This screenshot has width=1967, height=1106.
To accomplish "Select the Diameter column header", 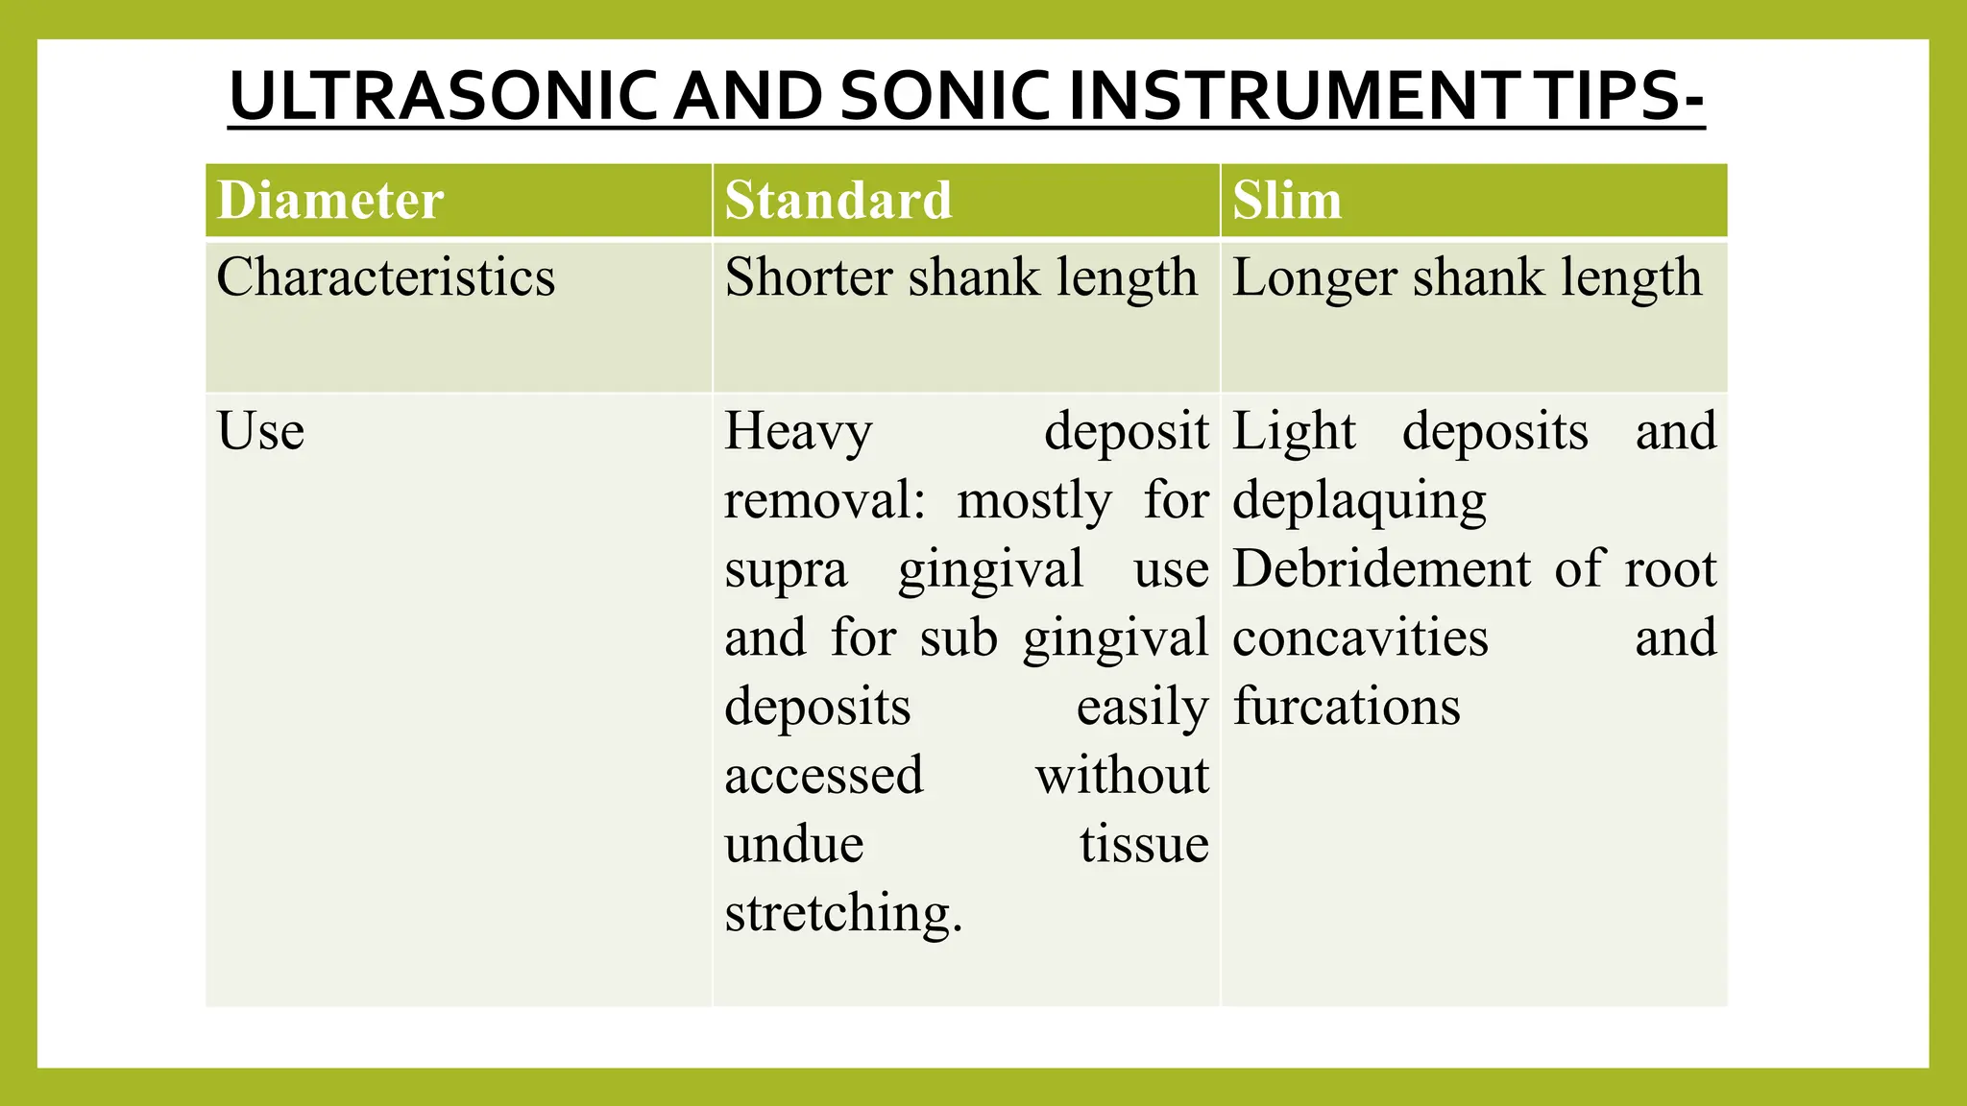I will pyautogui.click(x=330, y=201).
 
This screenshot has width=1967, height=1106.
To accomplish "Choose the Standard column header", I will pyautogui.click(x=838, y=201).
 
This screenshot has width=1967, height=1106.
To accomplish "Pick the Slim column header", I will pyautogui.click(x=1286, y=201).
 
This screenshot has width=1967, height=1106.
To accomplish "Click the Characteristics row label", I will pyautogui.click(x=385, y=277).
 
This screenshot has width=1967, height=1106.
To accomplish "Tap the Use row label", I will pyautogui.click(x=260, y=430).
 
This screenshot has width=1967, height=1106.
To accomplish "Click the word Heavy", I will pyautogui.click(x=798, y=431).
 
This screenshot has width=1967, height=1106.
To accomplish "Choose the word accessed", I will pyautogui.click(x=824, y=775).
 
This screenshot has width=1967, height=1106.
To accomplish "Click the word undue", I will pyautogui.click(x=793, y=844).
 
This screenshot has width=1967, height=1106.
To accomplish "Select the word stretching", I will pyautogui.click(x=842, y=914).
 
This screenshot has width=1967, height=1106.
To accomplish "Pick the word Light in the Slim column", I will pyautogui.click(x=1294, y=431).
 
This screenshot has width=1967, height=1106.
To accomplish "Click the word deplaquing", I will pyautogui.click(x=1359, y=501).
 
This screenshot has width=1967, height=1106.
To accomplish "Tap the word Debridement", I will pyautogui.click(x=1381, y=568).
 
